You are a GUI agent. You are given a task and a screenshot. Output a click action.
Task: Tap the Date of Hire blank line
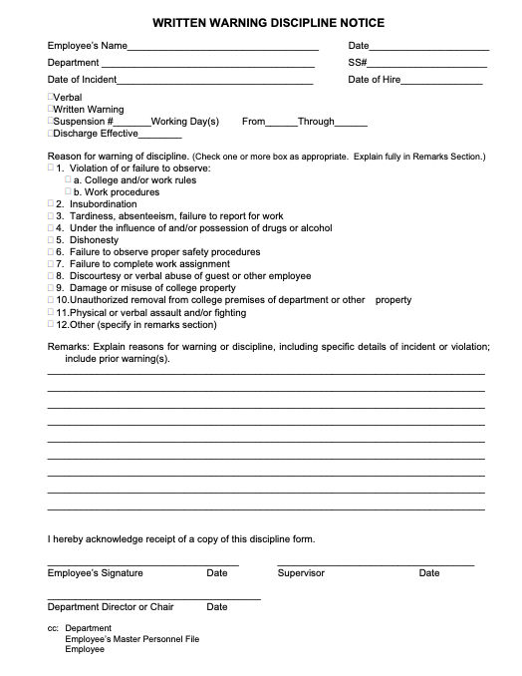[x=441, y=81]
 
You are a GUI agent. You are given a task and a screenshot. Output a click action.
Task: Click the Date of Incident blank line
[x=214, y=81]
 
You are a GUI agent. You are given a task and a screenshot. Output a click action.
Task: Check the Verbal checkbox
[x=51, y=98]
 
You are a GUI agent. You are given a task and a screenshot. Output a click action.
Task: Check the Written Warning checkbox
[x=51, y=110]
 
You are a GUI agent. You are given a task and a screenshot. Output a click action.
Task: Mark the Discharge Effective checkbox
[x=51, y=134]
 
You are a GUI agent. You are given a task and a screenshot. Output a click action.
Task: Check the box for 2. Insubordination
[x=51, y=204]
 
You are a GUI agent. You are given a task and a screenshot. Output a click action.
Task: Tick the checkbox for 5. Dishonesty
[x=51, y=240]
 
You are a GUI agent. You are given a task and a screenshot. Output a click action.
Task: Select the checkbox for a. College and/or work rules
[x=68, y=180]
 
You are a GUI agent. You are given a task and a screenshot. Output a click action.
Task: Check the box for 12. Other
[x=51, y=324]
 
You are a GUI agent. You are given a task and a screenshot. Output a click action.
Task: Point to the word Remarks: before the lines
[x=67, y=347]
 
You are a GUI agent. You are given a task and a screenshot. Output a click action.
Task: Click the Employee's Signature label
[x=96, y=573]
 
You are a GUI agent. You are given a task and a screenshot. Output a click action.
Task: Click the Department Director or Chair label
[x=111, y=606]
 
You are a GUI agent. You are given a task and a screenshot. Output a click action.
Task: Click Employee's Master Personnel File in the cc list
[x=132, y=638]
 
